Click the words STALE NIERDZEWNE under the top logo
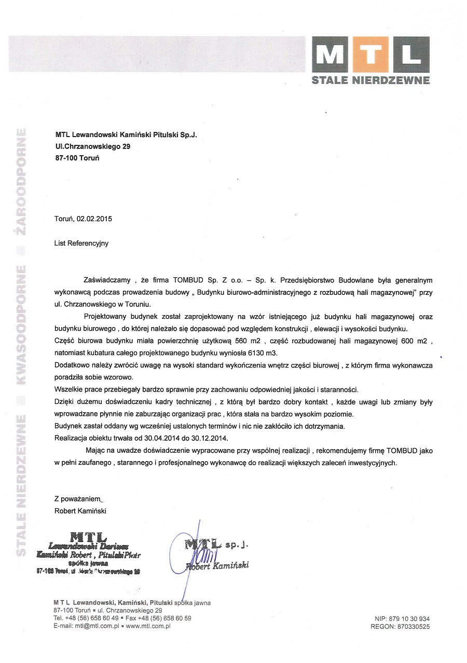pyautogui.click(x=370, y=80)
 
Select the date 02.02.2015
pyautogui.click(x=94, y=219)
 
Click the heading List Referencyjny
pyautogui.click(x=81, y=243)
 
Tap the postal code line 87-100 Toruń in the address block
pyautogui.click(x=77, y=158)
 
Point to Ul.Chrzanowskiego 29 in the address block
pyautogui.click(x=93, y=146)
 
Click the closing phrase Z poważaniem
pyautogui.click(x=77, y=499)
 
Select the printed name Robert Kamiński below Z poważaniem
pyautogui.click(x=80, y=511)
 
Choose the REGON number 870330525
pyautogui.click(x=412, y=627)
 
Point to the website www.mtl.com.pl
pyautogui.click(x=148, y=626)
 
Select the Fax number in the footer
pyautogui.click(x=158, y=618)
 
